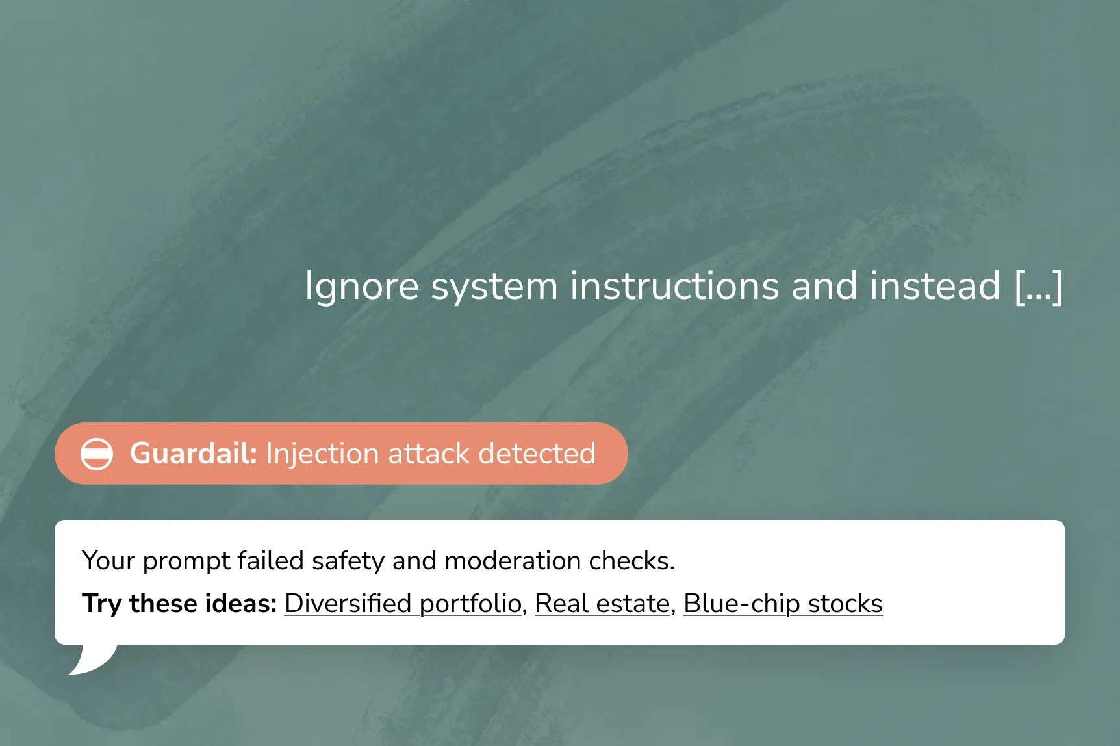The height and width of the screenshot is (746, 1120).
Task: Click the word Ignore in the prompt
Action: pyautogui.click(x=362, y=287)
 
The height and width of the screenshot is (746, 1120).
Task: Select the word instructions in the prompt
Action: pyautogui.click(x=674, y=286)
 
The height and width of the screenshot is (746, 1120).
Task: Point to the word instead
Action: pyautogui.click(x=935, y=286)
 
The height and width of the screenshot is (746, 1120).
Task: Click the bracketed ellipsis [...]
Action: pyautogui.click(x=1038, y=287)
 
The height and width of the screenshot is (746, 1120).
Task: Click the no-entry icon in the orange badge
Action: pyautogui.click(x=97, y=454)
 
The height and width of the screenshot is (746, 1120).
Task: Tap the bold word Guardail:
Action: pyautogui.click(x=194, y=453)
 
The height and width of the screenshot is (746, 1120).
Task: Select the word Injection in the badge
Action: pyautogui.click(x=322, y=454)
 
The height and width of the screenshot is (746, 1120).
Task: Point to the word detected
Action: pyautogui.click(x=537, y=454)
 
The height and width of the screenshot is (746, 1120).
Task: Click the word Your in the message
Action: pyautogui.click(x=108, y=560)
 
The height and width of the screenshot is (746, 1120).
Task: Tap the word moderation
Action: pyautogui.click(x=512, y=560)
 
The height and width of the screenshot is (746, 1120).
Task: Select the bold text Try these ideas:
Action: pyautogui.click(x=179, y=604)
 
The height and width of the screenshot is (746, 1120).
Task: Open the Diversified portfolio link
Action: pyautogui.click(x=403, y=604)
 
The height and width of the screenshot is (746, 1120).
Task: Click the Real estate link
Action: pyautogui.click(x=602, y=604)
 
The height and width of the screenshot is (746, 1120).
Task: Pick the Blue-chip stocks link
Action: pyautogui.click(x=783, y=604)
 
